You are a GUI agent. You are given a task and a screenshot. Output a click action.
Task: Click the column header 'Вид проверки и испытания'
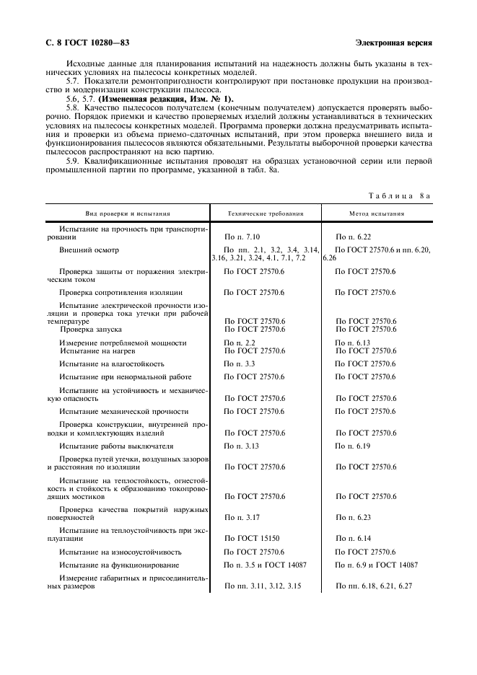click(x=127, y=213)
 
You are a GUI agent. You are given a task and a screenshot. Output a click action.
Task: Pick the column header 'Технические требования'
click(x=265, y=213)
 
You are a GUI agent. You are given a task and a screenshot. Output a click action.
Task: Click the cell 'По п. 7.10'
click(x=242, y=237)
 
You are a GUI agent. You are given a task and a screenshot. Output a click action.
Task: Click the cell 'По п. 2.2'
click(x=240, y=343)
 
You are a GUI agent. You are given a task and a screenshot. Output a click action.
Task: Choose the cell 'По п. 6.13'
click(x=353, y=343)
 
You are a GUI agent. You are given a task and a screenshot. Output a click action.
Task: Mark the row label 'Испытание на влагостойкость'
click(x=112, y=364)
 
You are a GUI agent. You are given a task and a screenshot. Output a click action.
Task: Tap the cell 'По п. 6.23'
click(x=354, y=517)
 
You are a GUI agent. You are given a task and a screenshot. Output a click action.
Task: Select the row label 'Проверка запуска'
click(x=91, y=329)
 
